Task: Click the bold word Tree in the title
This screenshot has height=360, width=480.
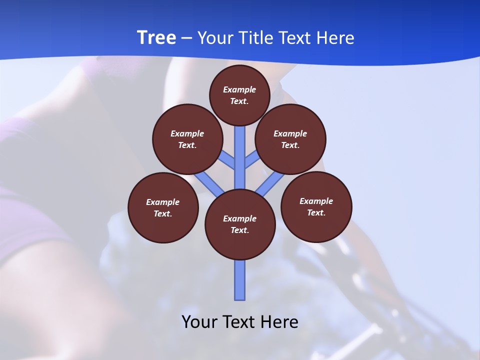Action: pyautogui.click(x=156, y=38)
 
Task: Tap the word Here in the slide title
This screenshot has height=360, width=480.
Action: pyautogui.click(x=335, y=38)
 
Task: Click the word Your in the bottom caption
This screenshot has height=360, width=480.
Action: pyautogui.click(x=199, y=321)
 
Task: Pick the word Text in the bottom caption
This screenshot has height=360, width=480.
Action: pyautogui.click(x=238, y=321)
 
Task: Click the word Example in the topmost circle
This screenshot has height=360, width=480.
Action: pyautogui.click(x=239, y=89)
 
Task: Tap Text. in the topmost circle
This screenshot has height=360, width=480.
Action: pyautogui.click(x=239, y=101)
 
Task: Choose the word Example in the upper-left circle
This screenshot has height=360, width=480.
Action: pyautogui.click(x=187, y=133)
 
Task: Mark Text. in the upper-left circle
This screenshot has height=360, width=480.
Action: pyautogui.click(x=187, y=145)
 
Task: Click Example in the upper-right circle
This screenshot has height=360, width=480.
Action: pyautogui.click(x=290, y=133)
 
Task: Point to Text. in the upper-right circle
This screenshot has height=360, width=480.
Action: pyautogui.click(x=290, y=145)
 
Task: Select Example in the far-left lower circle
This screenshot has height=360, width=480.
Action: pyautogui.click(x=163, y=202)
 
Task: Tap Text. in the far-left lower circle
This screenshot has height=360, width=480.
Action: pyautogui.click(x=163, y=213)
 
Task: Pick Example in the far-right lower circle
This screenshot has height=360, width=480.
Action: pyautogui.click(x=316, y=201)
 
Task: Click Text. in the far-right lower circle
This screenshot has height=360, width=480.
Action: pyautogui.click(x=316, y=212)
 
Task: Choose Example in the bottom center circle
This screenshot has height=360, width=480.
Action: pyautogui.click(x=240, y=218)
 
